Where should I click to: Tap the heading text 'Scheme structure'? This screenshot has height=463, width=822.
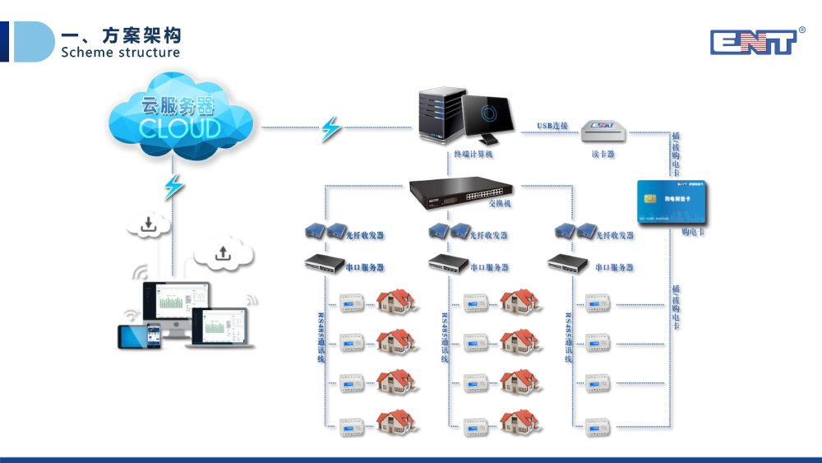[120, 53]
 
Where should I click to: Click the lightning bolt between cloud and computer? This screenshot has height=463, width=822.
[330, 128]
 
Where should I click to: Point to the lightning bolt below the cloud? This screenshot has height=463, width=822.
[173, 187]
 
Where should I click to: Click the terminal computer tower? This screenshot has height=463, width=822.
[438, 116]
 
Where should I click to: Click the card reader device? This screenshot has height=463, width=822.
[603, 129]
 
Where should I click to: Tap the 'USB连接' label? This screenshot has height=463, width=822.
[552, 126]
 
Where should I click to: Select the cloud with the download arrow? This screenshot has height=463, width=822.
[149, 223]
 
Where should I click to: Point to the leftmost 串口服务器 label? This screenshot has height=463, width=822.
[364, 267]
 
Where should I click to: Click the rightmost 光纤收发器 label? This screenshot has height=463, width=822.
[615, 235]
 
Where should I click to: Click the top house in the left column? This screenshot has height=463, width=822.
[395, 301]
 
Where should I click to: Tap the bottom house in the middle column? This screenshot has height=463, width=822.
[520, 422]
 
